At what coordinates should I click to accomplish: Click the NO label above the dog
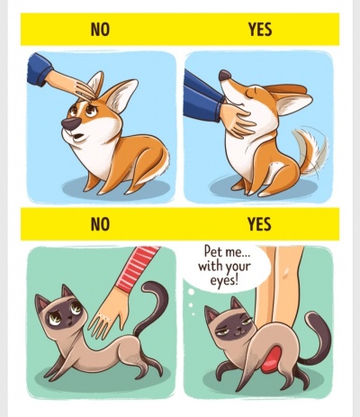point(100,30)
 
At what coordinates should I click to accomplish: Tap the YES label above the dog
point(260,30)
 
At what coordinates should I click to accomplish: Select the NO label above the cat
point(100,224)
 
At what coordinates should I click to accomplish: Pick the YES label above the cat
point(259,224)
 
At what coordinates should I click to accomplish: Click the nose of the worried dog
point(70,123)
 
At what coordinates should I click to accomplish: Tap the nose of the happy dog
point(224,75)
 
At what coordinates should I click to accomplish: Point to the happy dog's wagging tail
point(310,150)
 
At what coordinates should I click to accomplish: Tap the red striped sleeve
point(139,267)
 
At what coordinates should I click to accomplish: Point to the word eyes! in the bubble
point(224,281)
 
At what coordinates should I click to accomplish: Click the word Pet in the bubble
point(212,251)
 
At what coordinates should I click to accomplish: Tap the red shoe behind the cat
point(272,359)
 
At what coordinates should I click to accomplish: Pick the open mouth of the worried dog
point(78,137)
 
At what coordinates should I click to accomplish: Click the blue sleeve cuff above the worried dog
point(40,69)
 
